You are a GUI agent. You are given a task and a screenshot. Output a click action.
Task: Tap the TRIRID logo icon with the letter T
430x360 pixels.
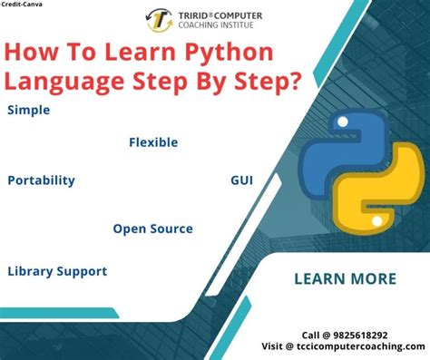pyautogui.click(x=160, y=19)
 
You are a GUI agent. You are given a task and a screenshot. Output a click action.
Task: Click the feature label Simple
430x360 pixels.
pyautogui.click(x=28, y=111)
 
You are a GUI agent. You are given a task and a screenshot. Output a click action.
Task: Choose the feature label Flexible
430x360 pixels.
pyautogui.click(x=153, y=142)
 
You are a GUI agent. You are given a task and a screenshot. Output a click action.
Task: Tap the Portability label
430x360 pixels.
pyautogui.click(x=41, y=180)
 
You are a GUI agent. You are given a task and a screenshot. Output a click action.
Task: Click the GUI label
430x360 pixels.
pyautogui.click(x=241, y=180)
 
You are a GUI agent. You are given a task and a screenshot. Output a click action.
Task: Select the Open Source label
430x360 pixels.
pyautogui.click(x=152, y=229)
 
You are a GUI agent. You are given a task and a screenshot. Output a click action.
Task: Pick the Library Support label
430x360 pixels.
pyautogui.click(x=57, y=271)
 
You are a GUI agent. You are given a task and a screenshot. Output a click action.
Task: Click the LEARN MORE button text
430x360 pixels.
pyautogui.click(x=345, y=278)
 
